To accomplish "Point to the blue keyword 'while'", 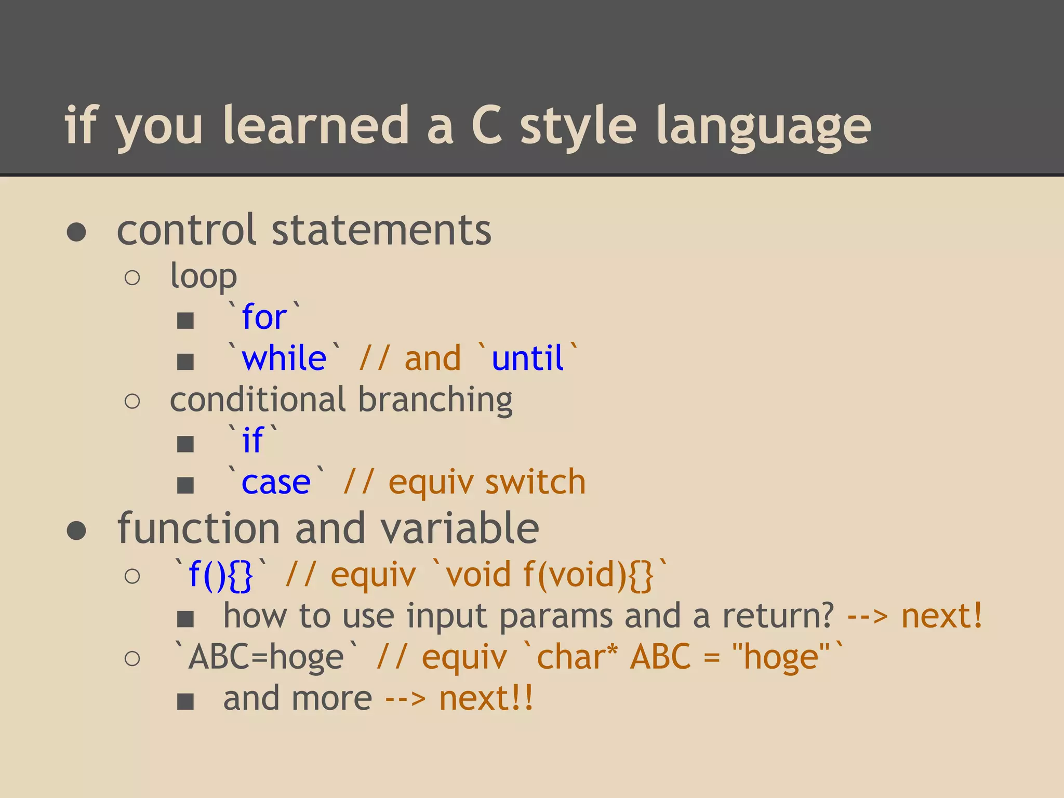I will click(284, 358).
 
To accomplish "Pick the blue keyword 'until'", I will click(527, 358).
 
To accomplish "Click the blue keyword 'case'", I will click(276, 482).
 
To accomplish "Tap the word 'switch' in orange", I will click(535, 482).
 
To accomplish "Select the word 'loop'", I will click(204, 277).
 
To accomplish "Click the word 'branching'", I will click(435, 400).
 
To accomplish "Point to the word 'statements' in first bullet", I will click(381, 230).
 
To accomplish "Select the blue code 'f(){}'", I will click(221, 575).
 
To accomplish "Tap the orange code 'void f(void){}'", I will click(550, 575).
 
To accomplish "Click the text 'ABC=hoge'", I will click(266, 657).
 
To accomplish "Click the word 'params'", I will click(555, 616).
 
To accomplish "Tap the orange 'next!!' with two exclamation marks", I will click(486, 698).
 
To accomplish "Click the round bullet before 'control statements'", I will click(76, 232).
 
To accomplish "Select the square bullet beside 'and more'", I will click(185, 701).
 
